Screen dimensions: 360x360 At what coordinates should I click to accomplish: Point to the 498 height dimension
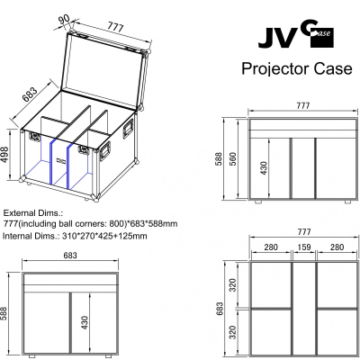[x=4, y=155]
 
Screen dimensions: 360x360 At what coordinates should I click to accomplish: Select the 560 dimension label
[x=233, y=158]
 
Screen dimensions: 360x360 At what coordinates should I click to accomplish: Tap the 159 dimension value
[x=304, y=247]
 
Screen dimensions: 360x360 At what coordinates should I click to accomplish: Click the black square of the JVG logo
[x=322, y=37]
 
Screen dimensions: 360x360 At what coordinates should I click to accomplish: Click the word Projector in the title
[x=275, y=69]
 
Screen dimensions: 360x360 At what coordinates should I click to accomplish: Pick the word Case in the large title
[x=333, y=68]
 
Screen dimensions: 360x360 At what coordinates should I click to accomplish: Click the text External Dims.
[x=33, y=213]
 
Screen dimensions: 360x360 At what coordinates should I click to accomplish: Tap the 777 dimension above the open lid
[x=115, y=27]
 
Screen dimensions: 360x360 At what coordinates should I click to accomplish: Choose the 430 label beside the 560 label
[x=263, y=168]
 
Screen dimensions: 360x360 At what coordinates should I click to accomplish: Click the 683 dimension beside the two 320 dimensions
[x=220, y=309]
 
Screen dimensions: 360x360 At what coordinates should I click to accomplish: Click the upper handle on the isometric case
[x=128, y=128]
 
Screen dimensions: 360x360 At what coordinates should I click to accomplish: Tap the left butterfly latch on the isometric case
[x=34, y=137]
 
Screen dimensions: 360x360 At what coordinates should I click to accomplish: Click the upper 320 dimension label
[x=233, y=285]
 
